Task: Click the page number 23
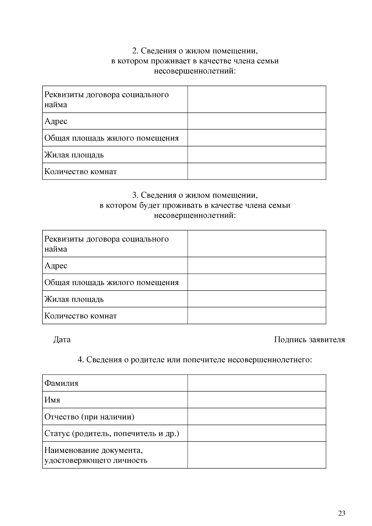pyautogui.click(x=341, y=513)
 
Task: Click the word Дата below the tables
pyautogui.click(x=62, y=340)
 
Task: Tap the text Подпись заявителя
pyautogui.click(x=309, y=340)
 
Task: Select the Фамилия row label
pyautogui.click(x=61, y=383)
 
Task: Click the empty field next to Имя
pyautogui.click(x=256, y=400)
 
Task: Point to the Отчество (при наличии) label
pyautogui.click(x=89, y=417)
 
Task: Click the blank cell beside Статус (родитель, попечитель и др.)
pyautogui.click(x=256, y=433)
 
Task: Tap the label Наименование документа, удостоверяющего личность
pyautogui.click(x=95, y=455)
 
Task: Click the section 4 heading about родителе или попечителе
pyautogui.click(x=195, y=360)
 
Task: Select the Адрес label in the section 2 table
pyautogui.click(x=56, y=121)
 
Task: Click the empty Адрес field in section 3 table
pyautogui.click(x=256, y=265)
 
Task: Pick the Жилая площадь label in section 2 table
pyautogui.click(x=74, y=155)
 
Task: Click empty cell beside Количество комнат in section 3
pyautogui.click(x=256, y=316)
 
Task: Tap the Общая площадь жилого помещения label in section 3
pyautogui.click(x=112, y=283)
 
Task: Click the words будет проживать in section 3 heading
pyautogui.click(x=170, y=205)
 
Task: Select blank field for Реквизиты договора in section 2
pyautogui.click(x=256, y=99)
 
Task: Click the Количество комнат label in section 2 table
pyautogui.click(x=81, y=171)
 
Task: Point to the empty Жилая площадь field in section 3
pyautogui.click(x=256, y=299)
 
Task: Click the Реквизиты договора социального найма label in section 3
pyautogui.click(x=106, y=244)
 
